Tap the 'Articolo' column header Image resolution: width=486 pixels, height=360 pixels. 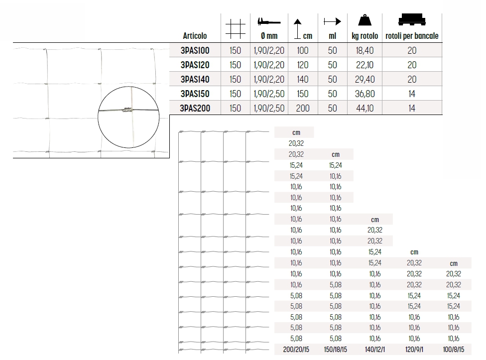click(195, 36)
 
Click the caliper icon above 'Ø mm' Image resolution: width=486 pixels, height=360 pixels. click(269, 21)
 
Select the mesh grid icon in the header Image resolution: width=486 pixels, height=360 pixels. click(236, 27)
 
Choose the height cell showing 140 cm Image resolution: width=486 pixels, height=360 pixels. click(302, 79)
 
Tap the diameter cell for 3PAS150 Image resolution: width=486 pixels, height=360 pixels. click(269, 94)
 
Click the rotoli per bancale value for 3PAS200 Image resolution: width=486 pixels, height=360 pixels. click(412, 108)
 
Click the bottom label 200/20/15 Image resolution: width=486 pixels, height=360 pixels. click(296, 350)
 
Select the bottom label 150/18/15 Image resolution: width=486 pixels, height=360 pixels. click(335, 350)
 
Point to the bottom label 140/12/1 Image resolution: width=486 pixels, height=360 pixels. click(374, 350)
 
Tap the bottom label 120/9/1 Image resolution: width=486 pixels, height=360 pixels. click(414, 350)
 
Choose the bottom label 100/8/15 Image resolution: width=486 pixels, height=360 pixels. click(453, 350)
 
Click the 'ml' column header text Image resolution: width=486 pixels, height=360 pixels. click(333, 36)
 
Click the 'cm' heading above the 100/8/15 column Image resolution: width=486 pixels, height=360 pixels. click(453, 263)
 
